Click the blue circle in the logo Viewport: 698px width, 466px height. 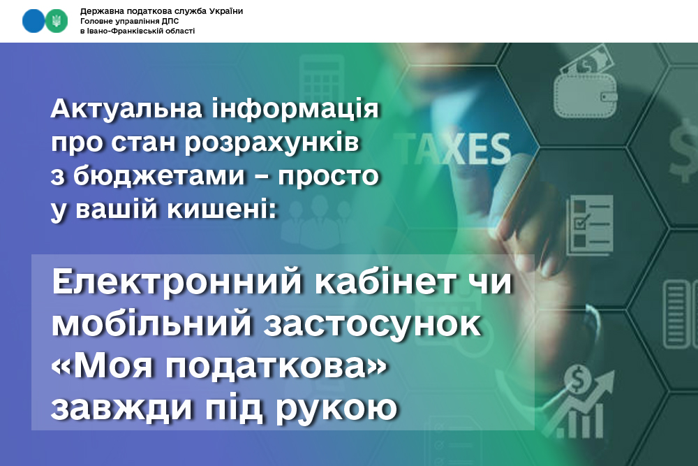(x=34, y=21)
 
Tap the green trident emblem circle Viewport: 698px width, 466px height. (x=57, y=21)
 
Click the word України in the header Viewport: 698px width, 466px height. (x=225, y=11)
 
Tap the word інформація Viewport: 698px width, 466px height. (x=295, y=110)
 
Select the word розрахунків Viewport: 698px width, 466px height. (x=272, y=143)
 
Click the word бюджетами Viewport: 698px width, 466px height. (x=159, y=177)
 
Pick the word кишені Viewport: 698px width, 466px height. (x=222, y=210)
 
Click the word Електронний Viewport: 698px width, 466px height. (x=177, y=282)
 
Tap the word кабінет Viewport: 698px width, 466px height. (x=385, y=282)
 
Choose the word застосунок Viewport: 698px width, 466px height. (x=373, y=325)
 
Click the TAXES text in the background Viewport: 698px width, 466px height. (x=452, y=148)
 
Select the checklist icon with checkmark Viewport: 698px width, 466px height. (x=589, y=224)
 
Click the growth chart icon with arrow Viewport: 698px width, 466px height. (x=578, y=402)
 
